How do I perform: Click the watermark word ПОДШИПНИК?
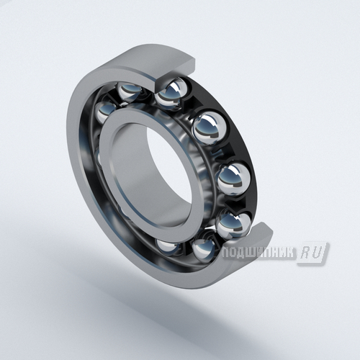click(258, 253)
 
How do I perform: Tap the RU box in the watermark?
click(313, 253)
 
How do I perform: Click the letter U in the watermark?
click(318, 253)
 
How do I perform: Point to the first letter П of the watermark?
click(226, 253)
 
